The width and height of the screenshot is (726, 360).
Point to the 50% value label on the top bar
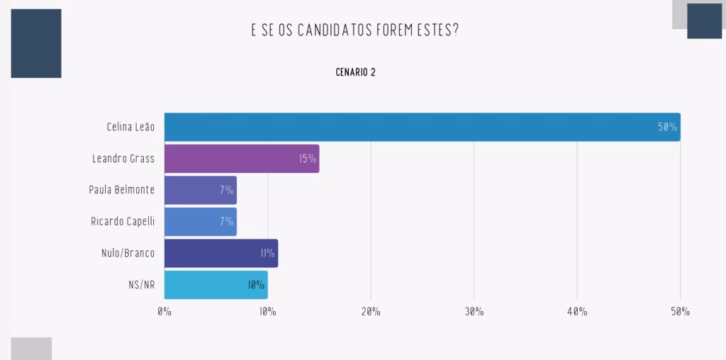coord(667,128)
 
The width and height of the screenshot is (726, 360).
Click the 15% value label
coord(307,159)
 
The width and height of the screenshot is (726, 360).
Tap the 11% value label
coord(267,253)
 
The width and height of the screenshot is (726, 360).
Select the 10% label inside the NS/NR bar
coord(256,285)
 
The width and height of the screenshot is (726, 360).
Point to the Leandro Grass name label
coord(123,159)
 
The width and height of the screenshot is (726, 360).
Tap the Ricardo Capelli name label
coord(123,221)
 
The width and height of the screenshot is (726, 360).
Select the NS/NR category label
coord(141,284)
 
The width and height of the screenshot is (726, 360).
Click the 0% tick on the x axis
coord(164,312)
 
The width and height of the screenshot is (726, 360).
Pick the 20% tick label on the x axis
coord(371,312)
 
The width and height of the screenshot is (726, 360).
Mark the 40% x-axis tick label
coord(577,312)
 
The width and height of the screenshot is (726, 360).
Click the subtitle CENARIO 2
coord(356,72)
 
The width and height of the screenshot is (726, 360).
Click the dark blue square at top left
coord(36,43)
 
